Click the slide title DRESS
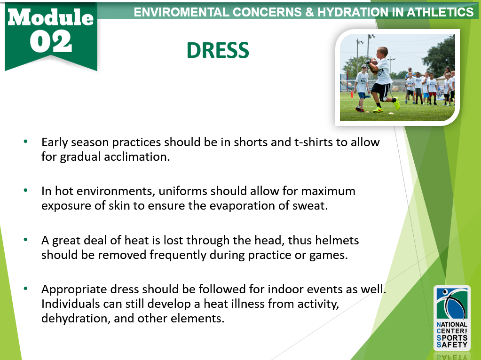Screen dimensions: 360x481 217,50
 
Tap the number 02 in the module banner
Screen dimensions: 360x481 51,42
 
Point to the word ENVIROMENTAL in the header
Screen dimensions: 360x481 175,12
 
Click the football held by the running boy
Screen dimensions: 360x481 373,63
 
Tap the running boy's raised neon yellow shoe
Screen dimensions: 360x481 397,103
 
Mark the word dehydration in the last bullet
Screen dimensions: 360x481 72,318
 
